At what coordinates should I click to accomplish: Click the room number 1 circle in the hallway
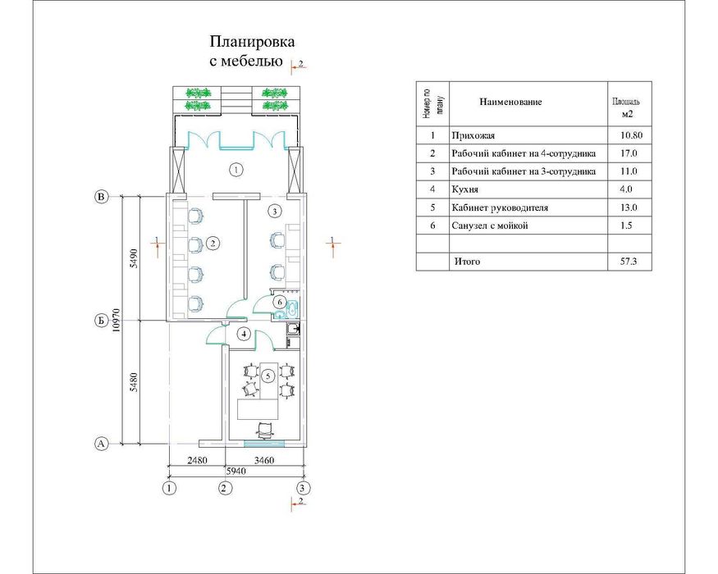[236, 171]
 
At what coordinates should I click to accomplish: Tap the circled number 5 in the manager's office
[268, 376]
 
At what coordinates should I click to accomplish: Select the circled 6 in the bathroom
[279, 302]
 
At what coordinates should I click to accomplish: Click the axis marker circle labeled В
[101, 197]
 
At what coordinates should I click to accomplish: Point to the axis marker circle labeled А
[101, 444]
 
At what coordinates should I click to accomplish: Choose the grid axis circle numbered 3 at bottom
[302, 488]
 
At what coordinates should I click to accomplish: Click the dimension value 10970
[117, 320]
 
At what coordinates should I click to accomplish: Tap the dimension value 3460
[264, 460]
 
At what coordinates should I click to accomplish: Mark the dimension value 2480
[198, 460]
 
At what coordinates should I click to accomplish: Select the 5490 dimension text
[133, 258]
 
